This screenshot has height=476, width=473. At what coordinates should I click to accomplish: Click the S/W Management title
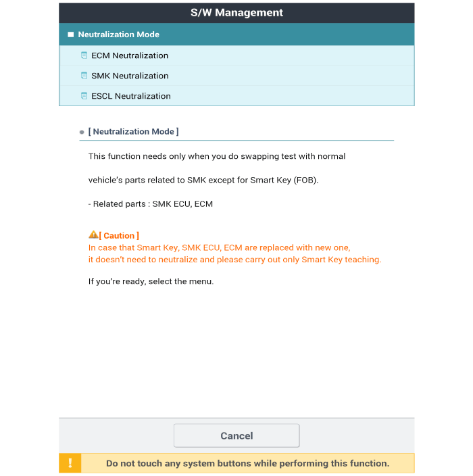point(236,13)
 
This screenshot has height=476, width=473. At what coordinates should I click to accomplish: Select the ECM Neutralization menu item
point(130,55)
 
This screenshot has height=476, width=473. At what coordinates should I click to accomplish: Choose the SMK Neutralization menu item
point(130,76)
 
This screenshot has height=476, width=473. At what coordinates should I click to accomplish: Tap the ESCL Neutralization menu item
point(131,96)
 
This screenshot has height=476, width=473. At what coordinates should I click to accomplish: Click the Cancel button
point(236,436)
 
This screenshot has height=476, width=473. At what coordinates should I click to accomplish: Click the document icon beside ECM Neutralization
point(84,55)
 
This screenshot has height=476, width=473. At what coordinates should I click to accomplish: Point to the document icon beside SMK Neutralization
point(84,76)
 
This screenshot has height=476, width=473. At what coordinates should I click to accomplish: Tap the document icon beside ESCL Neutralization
point(84,96)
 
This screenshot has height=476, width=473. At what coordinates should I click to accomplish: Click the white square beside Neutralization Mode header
point(70,34)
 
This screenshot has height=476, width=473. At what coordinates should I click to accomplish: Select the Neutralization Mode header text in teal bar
point(119,34)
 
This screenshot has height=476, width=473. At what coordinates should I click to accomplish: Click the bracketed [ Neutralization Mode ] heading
point(133,132)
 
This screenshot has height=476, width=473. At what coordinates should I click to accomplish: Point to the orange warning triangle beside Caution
point(93,235)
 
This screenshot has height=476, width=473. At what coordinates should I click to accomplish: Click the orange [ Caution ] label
point(120,236)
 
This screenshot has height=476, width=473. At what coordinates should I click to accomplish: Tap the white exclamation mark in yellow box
point(70,464)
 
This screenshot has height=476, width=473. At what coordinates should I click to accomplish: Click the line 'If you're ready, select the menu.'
point(151,281)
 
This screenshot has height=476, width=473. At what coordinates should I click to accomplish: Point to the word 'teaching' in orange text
point(363,260)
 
